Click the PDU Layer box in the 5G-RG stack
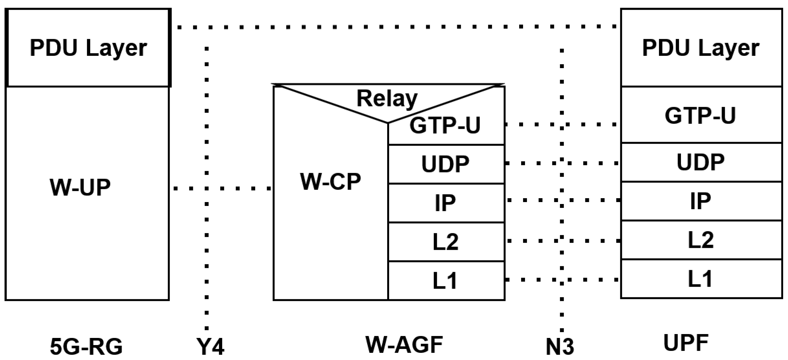88,48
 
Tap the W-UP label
80,187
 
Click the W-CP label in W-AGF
330,181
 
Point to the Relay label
387,98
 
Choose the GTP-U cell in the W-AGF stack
446,126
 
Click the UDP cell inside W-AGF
446,164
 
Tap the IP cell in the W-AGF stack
446,203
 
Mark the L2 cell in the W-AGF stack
446,242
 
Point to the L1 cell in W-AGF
446,281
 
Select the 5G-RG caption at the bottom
86,346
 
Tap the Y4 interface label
210,346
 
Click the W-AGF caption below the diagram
404,344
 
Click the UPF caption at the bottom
686,343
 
